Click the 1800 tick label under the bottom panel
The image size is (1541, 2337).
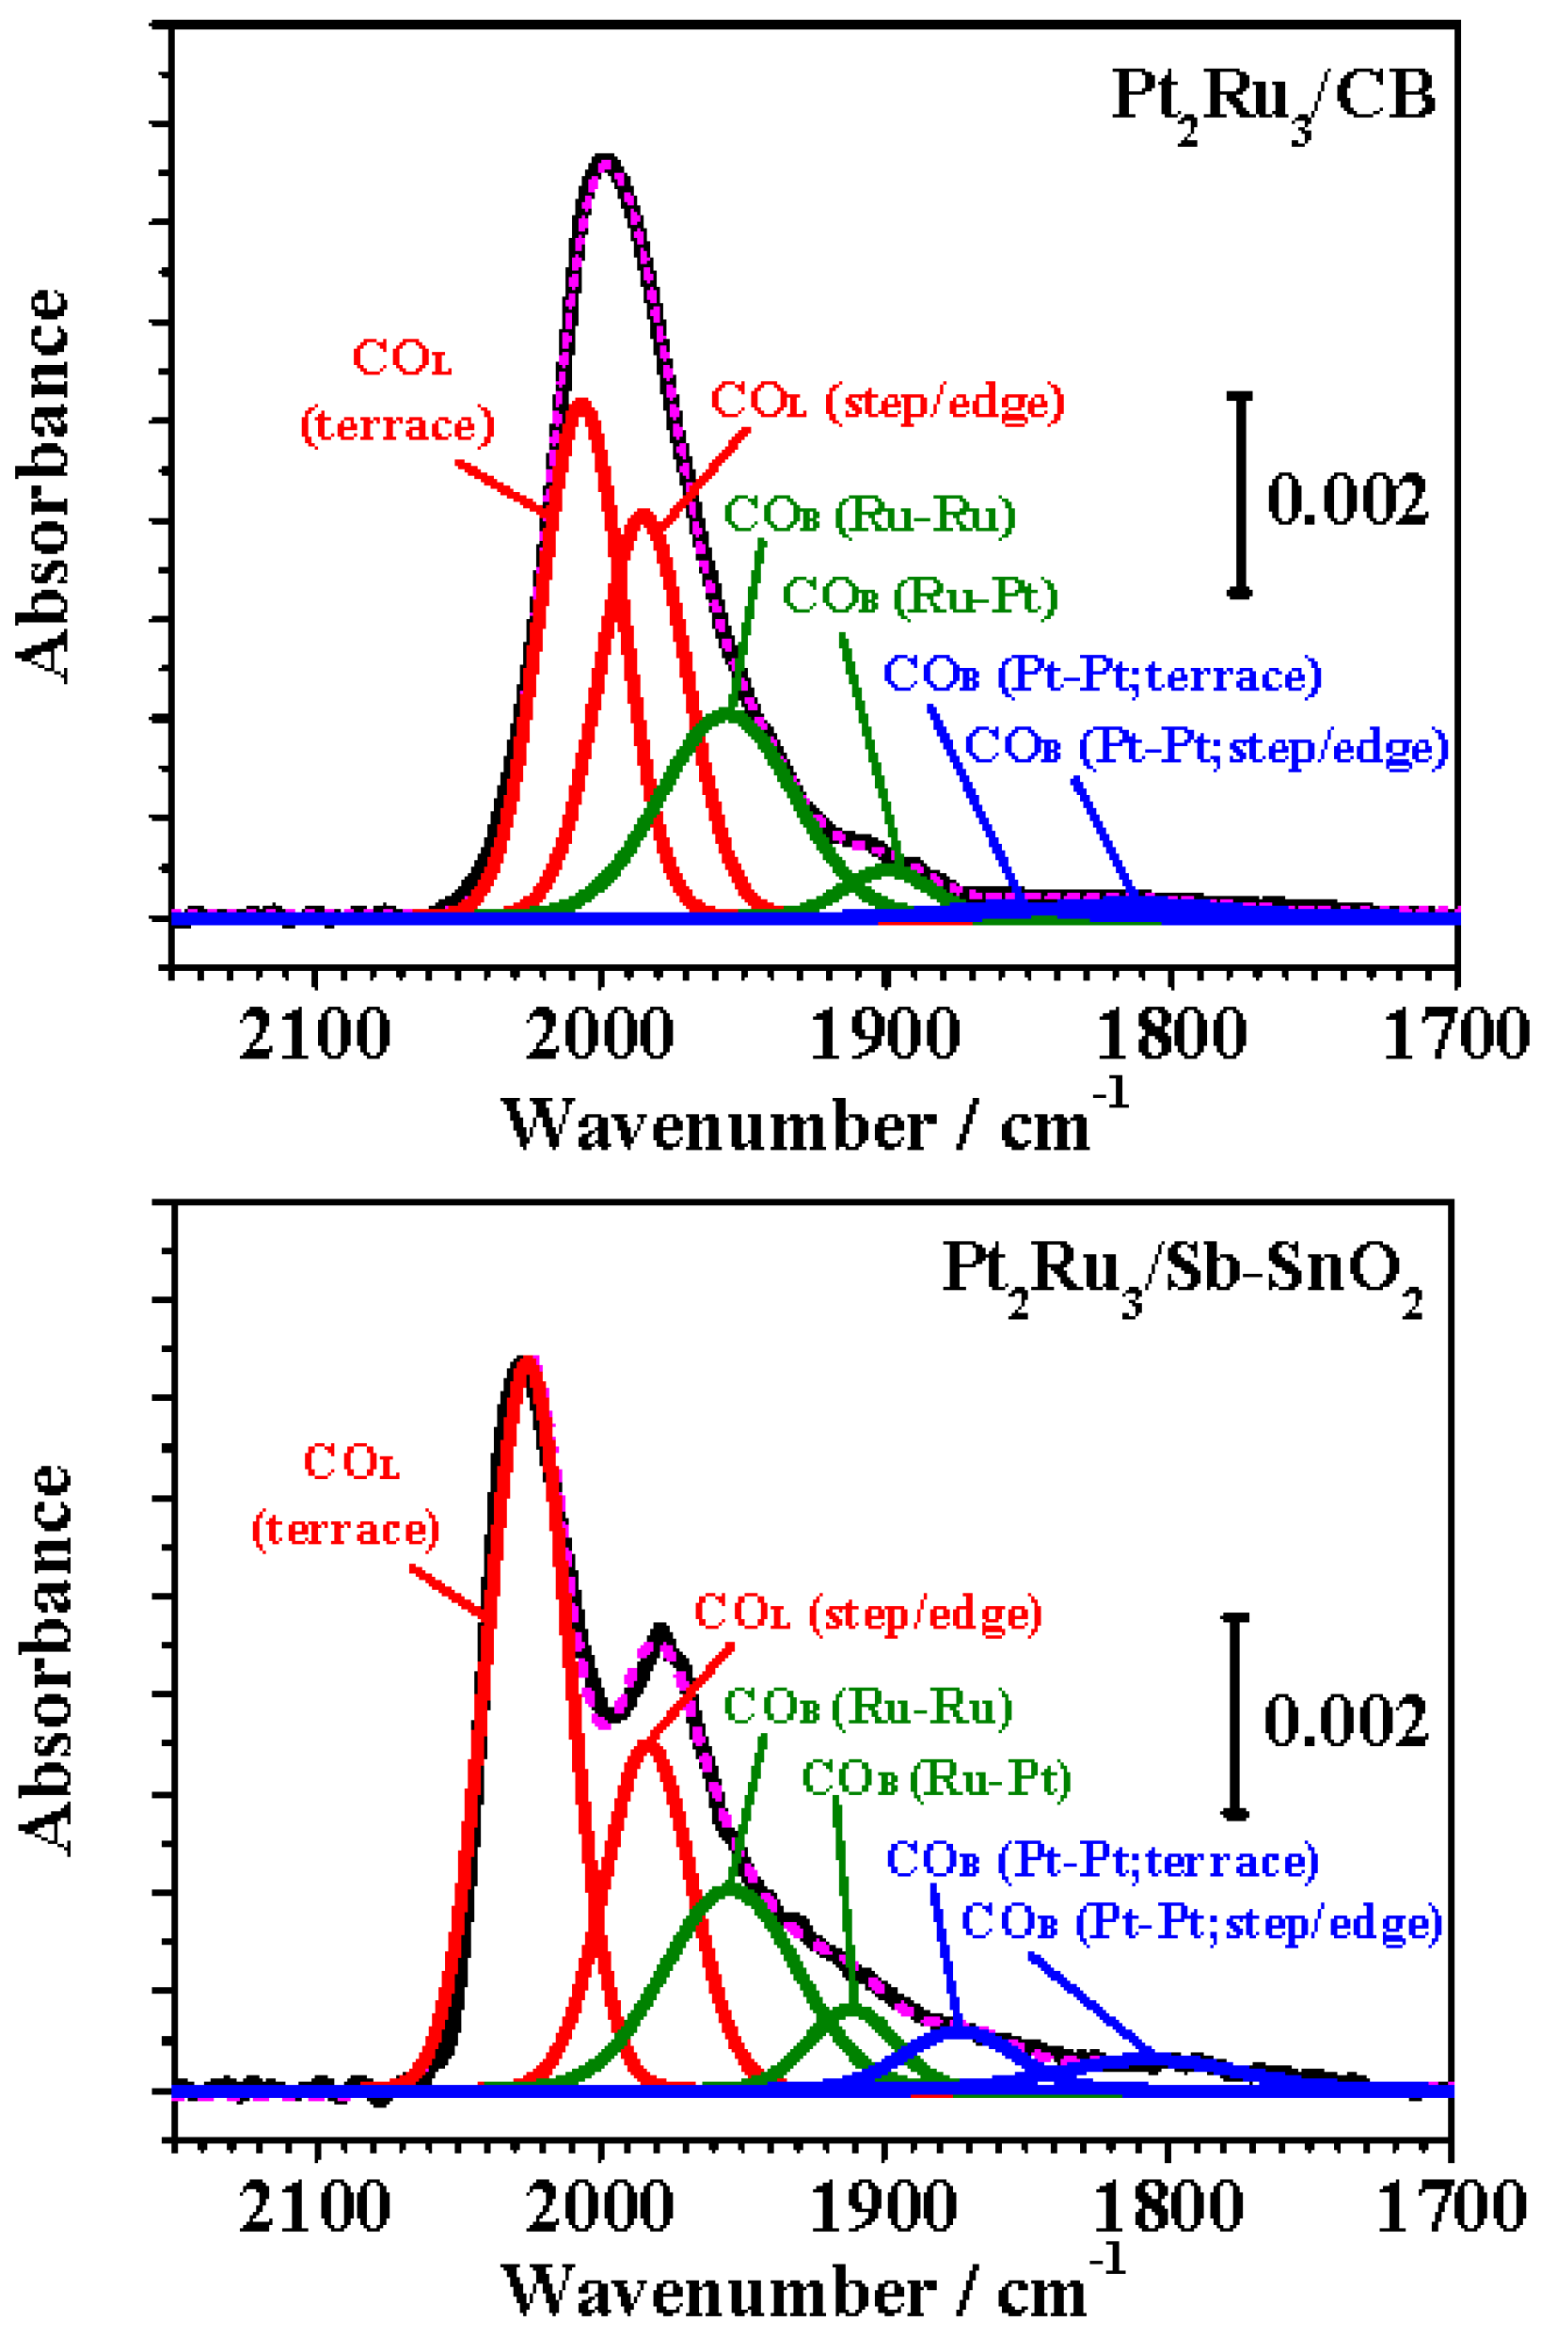click(1168, 2206)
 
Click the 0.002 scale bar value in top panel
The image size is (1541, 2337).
click(1346, 500)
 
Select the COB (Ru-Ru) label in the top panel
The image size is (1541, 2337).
click(870, 515)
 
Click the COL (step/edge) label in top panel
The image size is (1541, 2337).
click(887, 401)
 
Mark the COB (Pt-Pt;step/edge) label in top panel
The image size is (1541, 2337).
click(1207, 747)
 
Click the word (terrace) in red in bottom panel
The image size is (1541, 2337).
click(346, 1530)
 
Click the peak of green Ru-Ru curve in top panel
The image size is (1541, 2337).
click(727, 711)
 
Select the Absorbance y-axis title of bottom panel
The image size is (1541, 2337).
click(45, 1661)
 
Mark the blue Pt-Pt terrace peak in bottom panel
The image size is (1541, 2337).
click(959, 2027)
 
